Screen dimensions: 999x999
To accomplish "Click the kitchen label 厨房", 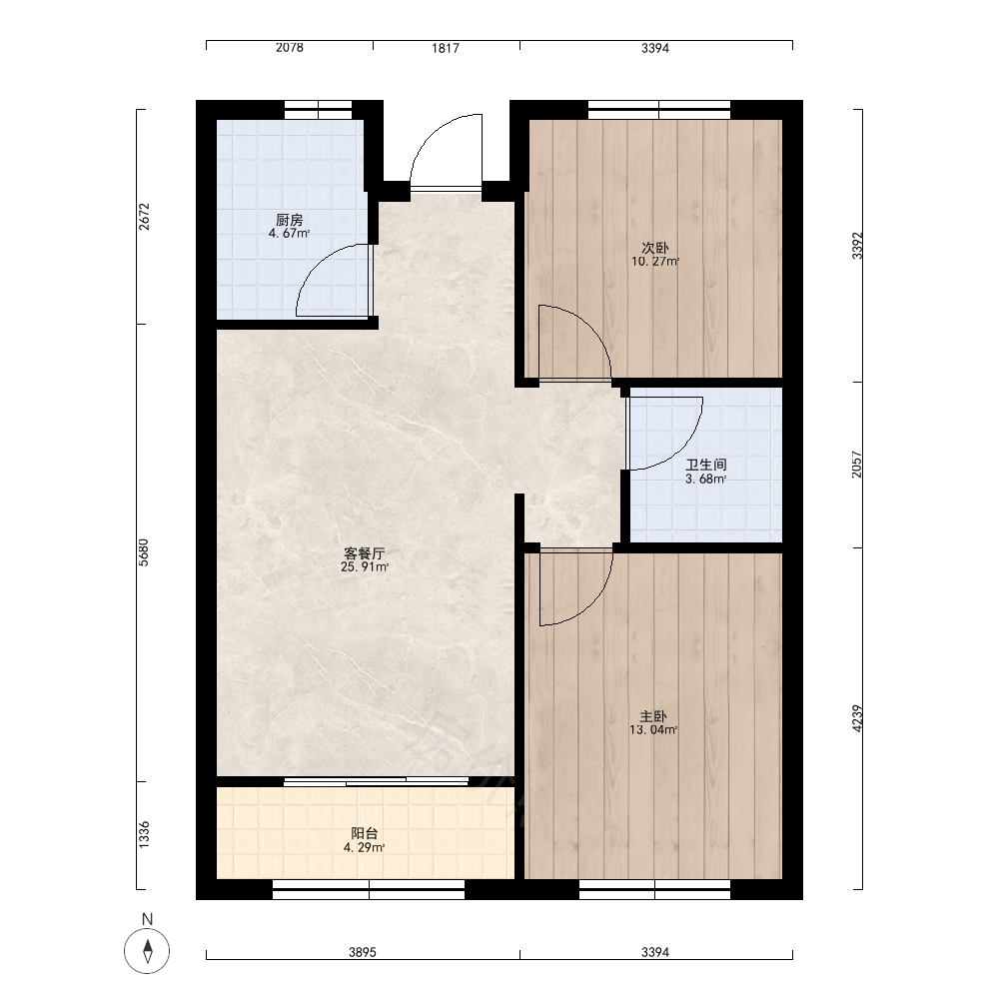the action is click(290, 220).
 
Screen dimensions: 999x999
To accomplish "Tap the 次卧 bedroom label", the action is click(655, 247).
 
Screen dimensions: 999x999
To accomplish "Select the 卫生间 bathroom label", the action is click(706, 466).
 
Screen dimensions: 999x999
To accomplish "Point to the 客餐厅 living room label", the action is click(365, 553).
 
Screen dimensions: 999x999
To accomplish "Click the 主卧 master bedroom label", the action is click(653, 716).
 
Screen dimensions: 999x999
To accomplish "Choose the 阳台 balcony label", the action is click(365, 833).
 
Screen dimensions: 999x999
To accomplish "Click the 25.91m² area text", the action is click(365, 567).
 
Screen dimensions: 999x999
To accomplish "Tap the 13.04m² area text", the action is click(653, 730).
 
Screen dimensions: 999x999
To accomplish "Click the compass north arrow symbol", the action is click(147, 951).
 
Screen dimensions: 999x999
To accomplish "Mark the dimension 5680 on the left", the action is click(144, 552).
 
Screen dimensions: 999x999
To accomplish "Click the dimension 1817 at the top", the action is click(446, 48).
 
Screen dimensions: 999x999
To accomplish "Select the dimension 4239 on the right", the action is click(857, 718).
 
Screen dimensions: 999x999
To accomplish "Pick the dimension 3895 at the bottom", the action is click(363, 952).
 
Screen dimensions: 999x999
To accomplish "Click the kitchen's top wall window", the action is click(318, 110).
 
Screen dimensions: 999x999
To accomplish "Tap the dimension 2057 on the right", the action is click(857, 465).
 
